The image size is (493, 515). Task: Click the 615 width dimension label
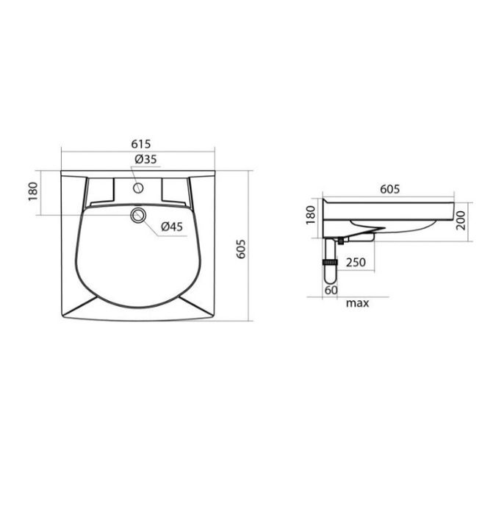coord(141,144)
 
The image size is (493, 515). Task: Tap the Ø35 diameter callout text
coord(145,160)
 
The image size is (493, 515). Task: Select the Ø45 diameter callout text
coord(172,227)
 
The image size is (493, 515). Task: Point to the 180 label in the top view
coord(33,191)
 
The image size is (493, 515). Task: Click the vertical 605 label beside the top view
coord(241,249)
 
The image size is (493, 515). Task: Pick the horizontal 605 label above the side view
coord(390,189)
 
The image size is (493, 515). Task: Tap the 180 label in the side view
coord(310,215)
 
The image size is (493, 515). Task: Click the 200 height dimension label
coord(461,221)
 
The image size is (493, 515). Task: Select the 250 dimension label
coord(356,262)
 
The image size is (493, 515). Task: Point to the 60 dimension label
coord(331,291)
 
